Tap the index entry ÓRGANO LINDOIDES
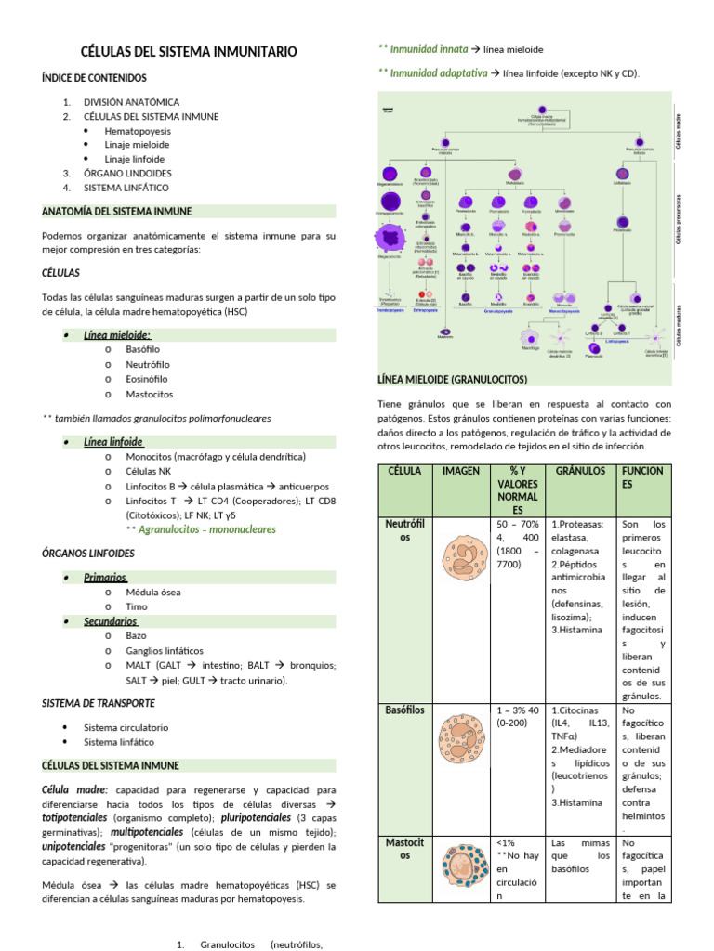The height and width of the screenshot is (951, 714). point(127,173)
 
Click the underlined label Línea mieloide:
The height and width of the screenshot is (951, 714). point(117,335)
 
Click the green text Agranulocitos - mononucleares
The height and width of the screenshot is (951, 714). point(206,529)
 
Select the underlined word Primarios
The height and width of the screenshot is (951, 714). point(105,577)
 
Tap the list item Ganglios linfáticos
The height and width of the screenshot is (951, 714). point(165,650)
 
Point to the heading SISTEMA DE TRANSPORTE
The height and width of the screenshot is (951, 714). point(99,703)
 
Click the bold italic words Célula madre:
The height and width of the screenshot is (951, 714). point(73,789)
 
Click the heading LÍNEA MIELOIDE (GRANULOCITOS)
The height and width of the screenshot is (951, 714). point(453,380)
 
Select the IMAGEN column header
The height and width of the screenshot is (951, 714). point(461,471)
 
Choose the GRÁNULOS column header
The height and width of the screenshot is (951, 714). point(580,471)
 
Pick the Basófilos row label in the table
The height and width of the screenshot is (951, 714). point(403,710)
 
